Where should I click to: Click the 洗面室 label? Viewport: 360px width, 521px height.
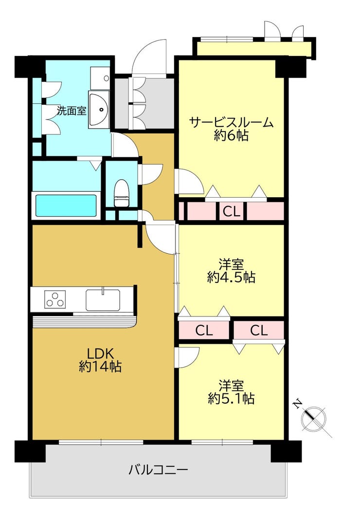tap(72, 111)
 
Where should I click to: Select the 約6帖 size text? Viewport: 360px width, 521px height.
tap(231, 136)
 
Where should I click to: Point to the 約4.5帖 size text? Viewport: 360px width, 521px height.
tap(231, 278)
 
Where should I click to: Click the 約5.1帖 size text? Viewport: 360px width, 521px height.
tap(231, 399)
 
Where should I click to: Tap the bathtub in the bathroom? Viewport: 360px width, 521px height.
tap(66, 205)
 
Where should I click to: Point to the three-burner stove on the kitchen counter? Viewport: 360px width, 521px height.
tap(55, 299)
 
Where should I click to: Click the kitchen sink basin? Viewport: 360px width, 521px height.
tap(103, 299)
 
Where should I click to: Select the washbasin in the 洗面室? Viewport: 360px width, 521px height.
tap(99, 110)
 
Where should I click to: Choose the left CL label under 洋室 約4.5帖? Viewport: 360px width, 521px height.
tap(204, 331)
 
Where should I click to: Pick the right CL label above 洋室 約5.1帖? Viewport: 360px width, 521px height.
tap(259, 331)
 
